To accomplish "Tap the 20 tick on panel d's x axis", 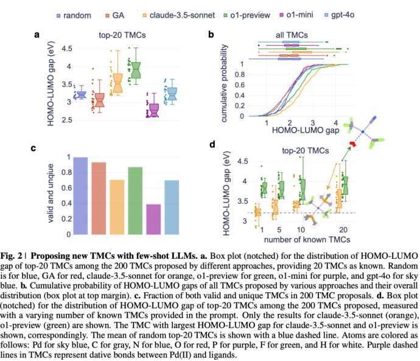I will tap(344, 231).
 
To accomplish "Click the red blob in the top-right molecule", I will tap(351, 144).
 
